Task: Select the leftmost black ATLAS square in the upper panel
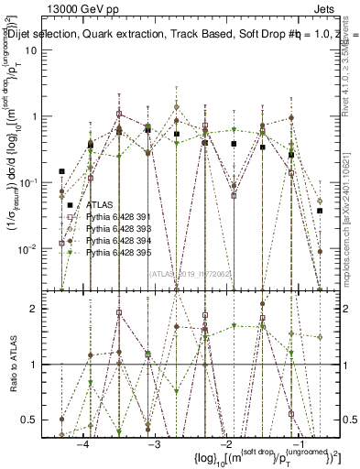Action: click(x=62, y=171)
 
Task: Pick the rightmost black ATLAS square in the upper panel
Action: click(x=320, y=211)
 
